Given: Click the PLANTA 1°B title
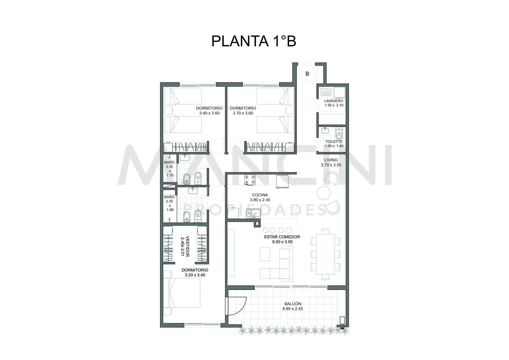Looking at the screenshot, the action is [254, 41].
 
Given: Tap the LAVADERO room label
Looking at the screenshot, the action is [334, 101].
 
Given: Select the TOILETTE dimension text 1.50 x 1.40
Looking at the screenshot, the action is [334, 146].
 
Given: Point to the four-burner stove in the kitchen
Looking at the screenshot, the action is [250, 180].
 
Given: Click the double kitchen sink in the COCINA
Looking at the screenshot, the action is [253, 213].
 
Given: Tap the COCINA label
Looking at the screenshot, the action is [260, 195].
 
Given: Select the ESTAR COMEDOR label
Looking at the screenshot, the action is [282, 237].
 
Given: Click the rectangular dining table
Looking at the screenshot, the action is [325, 254].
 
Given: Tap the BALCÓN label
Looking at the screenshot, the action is [293, 304].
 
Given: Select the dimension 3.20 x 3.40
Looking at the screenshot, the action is [195, 275].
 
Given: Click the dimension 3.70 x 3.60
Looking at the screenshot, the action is [243, 113].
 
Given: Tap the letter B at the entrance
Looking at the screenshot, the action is [307, 74].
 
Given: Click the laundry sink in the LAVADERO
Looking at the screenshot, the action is [326, 92].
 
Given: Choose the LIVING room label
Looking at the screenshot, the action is [331, 160].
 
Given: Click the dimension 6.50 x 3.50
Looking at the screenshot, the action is [282, 242].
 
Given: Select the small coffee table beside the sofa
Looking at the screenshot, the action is [265, 254].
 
